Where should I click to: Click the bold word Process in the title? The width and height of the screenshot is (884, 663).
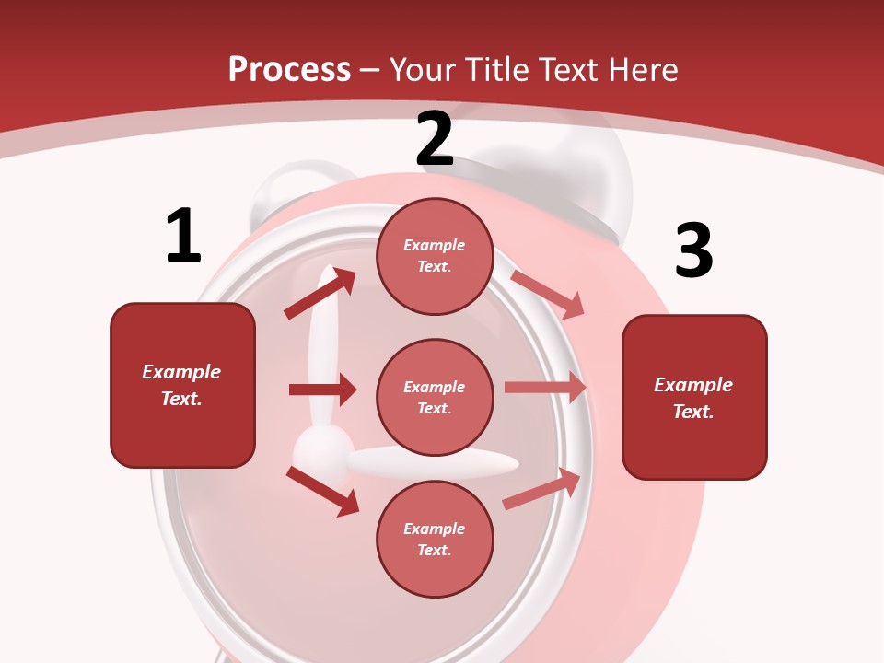click(289, 69)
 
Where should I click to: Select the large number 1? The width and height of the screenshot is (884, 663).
click(183, 236)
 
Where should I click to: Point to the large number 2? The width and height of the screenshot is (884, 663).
click(435, 140)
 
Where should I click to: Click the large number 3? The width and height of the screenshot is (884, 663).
click(693, 250)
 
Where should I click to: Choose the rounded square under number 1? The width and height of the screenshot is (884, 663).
click(182, 385)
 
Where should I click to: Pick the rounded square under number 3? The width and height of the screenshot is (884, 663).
click(694, 397)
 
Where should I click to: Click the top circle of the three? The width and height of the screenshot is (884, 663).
click(435, 256)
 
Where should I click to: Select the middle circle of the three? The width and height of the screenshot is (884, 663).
click(435, 397)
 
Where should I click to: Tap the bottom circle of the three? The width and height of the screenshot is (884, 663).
click(435, 539)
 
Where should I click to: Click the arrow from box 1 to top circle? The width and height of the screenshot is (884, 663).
click(320, 294)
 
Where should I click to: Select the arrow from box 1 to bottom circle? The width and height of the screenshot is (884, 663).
click(322, 490)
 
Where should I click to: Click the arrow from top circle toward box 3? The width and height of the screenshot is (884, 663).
click(548, 294)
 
